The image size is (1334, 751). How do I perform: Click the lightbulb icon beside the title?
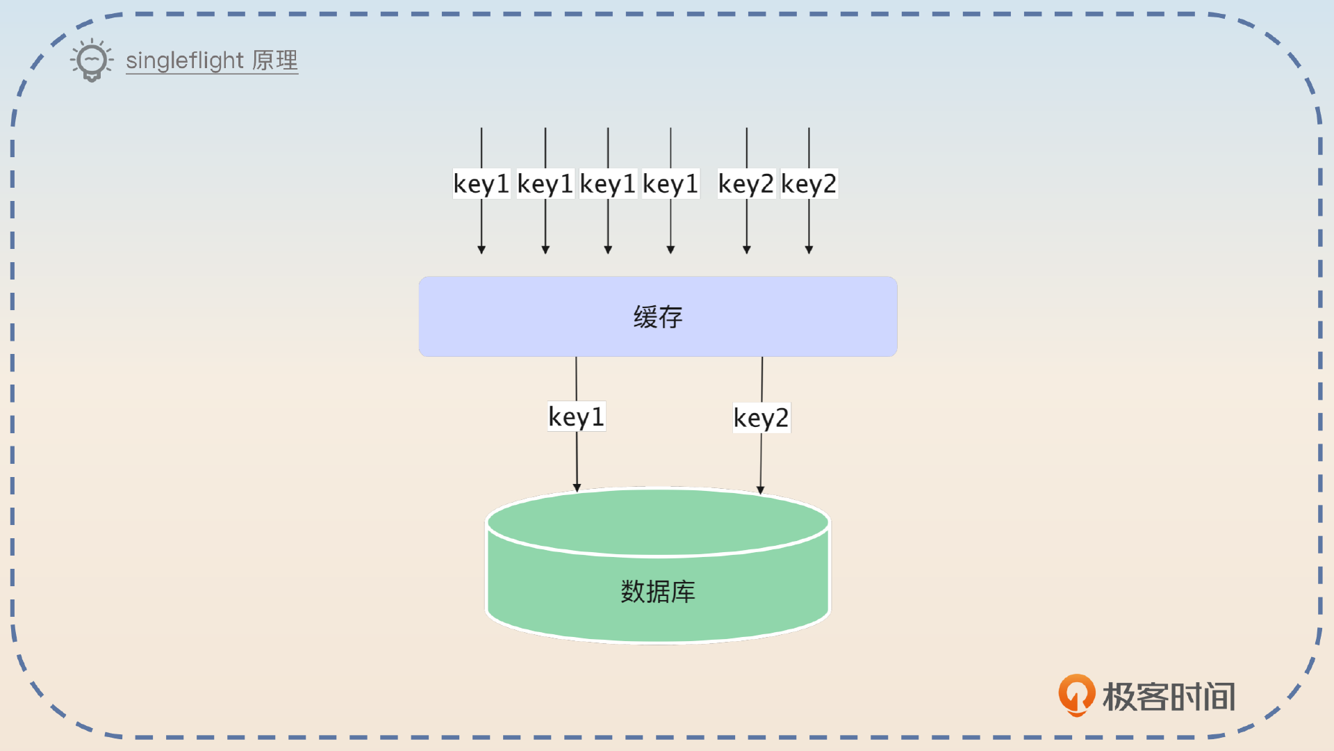[x=92, y=60]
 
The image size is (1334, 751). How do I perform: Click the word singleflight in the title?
[x=184, y=60]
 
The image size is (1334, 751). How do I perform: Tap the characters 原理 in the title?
[x=275, y=60]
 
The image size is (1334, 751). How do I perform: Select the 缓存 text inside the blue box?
[x=657, y=317]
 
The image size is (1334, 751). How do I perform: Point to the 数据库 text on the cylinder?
[x=657, y=592]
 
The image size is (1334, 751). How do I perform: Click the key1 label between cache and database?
[x=576, y=417]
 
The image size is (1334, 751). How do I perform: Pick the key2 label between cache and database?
[x=761, y=418]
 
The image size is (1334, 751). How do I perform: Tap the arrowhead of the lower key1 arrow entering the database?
[x=577, y=488]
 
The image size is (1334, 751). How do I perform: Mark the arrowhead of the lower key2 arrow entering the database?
[x=761, y=490]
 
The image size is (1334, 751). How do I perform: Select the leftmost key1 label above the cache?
[x=481, y=184]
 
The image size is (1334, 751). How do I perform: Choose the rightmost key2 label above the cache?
[x=809, y=184]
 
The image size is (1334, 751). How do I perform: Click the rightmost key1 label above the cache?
[x=670, y=184]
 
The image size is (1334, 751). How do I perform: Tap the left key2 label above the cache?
[x=746, y=184]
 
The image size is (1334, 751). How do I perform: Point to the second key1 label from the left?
[x=545, y=184]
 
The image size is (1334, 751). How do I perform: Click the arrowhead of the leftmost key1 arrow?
[x=481, y=250]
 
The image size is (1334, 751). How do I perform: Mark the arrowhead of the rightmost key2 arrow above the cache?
[x=809, y=250]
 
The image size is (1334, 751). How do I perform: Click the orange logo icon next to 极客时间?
[x=1076, y=695]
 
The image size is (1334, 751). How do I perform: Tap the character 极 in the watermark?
[x=1119, y=697]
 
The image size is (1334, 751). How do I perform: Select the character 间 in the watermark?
[x=1220, y=697]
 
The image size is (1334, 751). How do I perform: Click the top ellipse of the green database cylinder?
[x=657, y=522]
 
